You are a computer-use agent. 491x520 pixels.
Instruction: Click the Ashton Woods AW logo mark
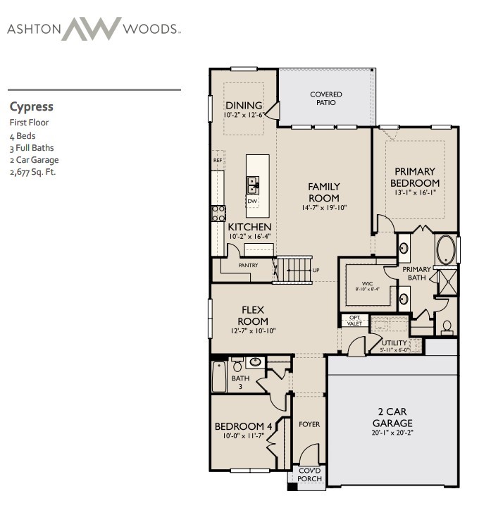point(92,29)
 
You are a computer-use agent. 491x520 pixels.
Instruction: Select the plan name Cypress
point(32,107)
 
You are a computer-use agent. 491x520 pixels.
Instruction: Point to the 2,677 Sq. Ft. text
point(33,172)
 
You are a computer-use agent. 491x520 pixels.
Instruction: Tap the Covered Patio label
point(326,99)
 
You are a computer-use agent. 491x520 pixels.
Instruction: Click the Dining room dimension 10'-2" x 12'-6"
point(244,115)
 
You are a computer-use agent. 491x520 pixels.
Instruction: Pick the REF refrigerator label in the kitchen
point(218,160)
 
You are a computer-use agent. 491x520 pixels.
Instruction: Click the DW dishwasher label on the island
point(252,202)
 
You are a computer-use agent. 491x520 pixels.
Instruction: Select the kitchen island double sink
point(253,185)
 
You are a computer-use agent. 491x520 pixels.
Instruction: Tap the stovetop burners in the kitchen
point(219,213)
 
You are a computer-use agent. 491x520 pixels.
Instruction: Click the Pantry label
point(248,266)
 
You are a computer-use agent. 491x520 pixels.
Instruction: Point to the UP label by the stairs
point(316,271)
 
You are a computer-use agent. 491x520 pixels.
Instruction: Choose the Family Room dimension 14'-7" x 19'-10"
point(324,208)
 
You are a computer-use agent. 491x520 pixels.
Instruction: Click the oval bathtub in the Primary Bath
point(446,249)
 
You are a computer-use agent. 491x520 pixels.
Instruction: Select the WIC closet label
point(367,283)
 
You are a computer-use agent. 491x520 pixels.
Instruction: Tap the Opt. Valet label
point(354,321)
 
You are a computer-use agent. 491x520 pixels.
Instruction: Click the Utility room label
point(394,343)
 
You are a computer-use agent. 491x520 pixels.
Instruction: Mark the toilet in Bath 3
point(237,365)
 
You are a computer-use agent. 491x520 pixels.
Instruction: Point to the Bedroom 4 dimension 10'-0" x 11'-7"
point(243,435)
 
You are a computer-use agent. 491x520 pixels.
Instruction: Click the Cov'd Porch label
point(310,475)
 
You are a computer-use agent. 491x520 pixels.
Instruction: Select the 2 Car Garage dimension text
point(392,433)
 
